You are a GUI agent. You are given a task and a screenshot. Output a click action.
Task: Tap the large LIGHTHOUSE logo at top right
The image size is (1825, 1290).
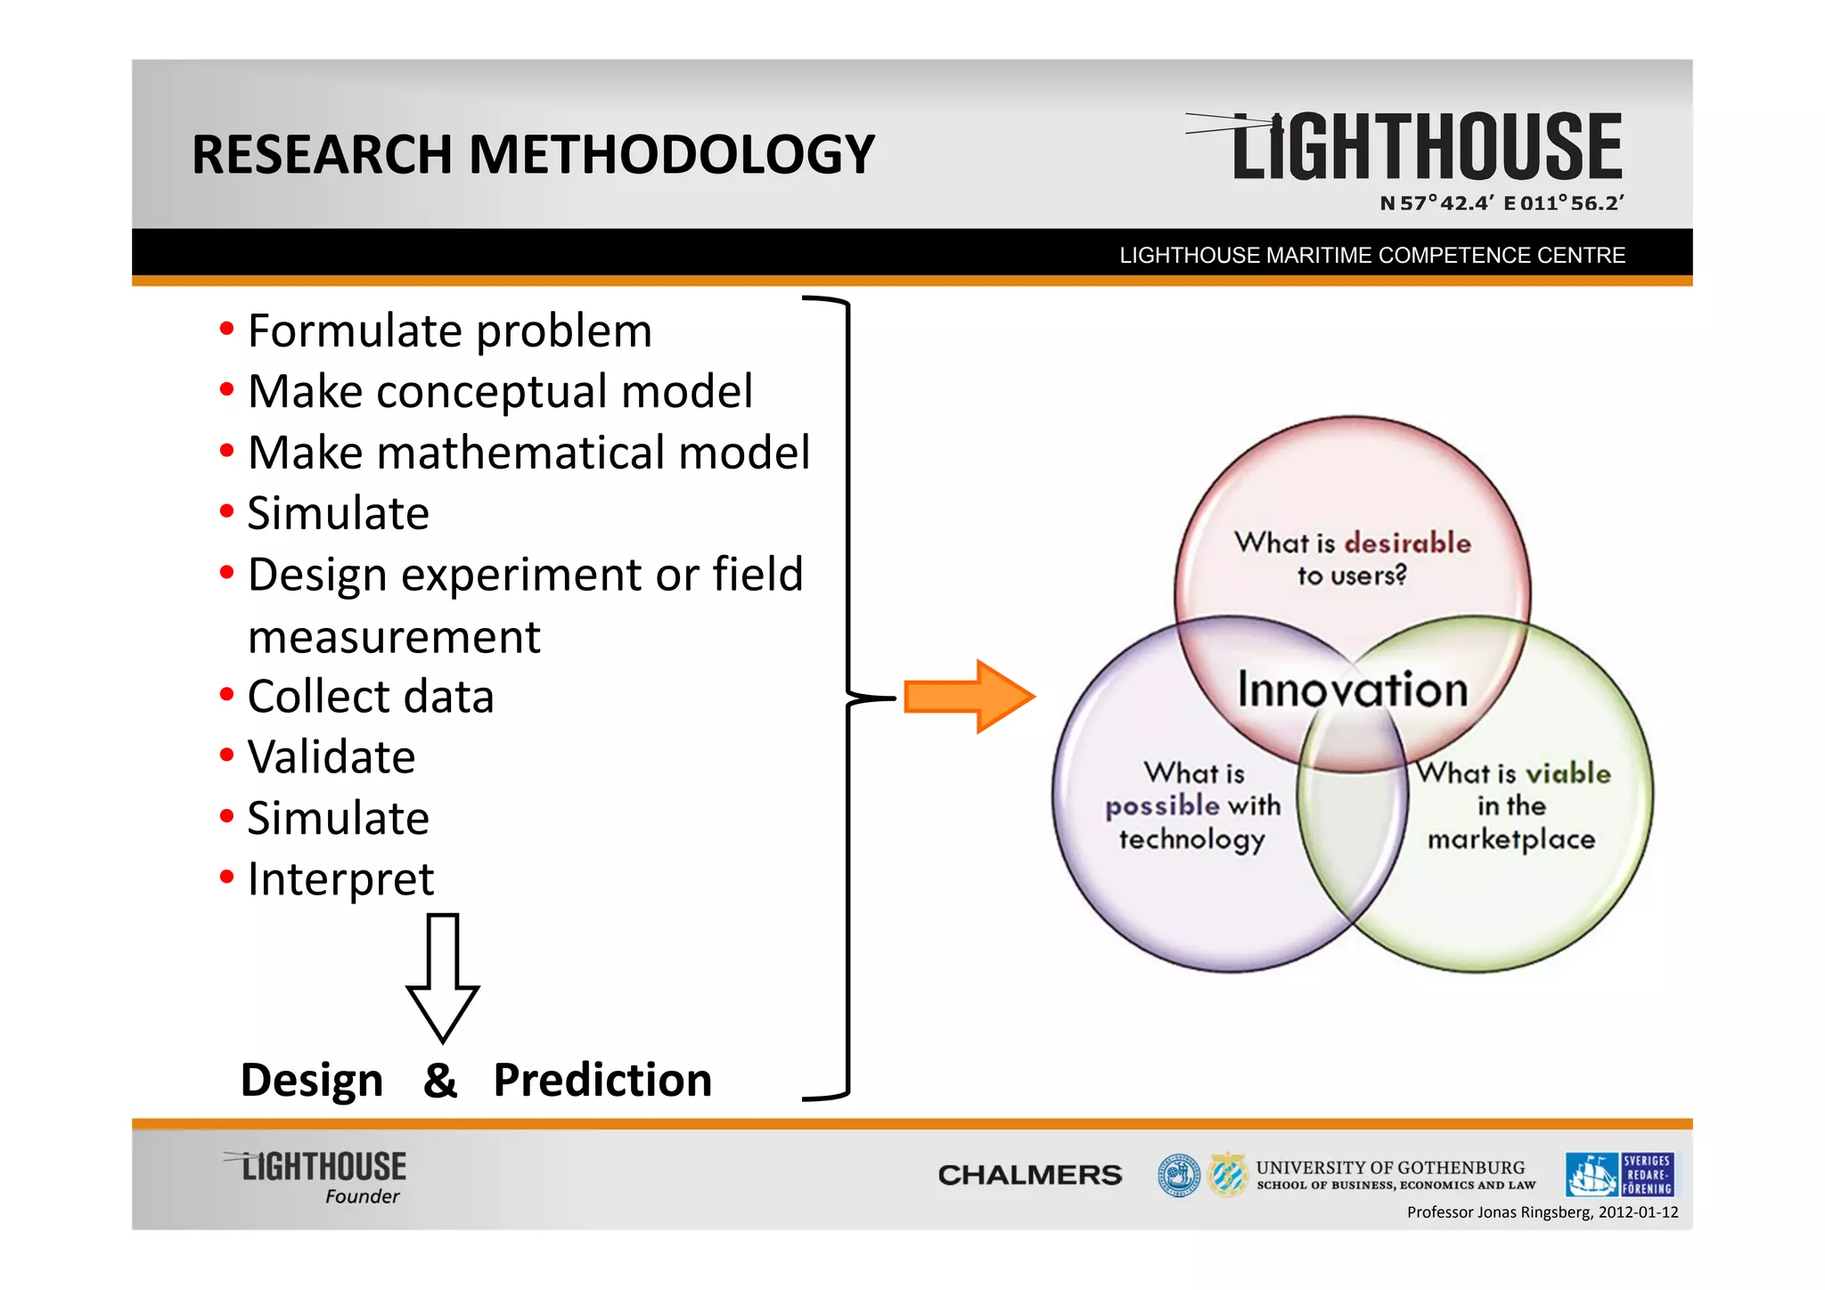(x=1426, y=147)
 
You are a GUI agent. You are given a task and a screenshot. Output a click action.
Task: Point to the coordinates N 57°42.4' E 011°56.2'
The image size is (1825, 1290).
(x=1502, y=203)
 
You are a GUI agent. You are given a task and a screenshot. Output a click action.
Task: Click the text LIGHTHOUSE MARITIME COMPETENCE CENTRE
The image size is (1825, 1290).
(x=1372, y=256)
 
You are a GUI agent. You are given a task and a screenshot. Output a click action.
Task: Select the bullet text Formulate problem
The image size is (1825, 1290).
(x=450, y=331)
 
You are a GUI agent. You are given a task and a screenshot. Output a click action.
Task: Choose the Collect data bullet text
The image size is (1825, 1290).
(x=370, y=697)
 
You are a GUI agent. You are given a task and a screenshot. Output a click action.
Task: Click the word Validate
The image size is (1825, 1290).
(x=331, y=757)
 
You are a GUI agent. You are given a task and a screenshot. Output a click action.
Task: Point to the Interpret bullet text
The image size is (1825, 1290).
(x=340, y=879)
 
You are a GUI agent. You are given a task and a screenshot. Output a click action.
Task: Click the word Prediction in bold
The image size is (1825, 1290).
(x=602, y=1080)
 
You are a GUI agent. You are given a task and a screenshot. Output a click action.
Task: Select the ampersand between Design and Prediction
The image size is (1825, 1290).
(x=440, y=1080)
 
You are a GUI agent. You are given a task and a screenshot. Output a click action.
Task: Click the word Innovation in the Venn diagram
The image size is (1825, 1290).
(x=1352, y=690)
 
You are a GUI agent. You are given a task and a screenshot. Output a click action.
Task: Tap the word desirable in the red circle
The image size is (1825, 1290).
(x=1407, y=543)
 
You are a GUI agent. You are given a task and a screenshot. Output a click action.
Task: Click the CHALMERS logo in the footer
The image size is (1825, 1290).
(x=1029, y=1175)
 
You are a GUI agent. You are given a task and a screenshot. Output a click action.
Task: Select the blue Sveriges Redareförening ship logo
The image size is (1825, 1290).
(x=1619, y=1174)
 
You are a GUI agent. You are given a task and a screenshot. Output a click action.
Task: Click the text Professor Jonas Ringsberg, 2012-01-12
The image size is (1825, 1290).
(x=1542, y=1212)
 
